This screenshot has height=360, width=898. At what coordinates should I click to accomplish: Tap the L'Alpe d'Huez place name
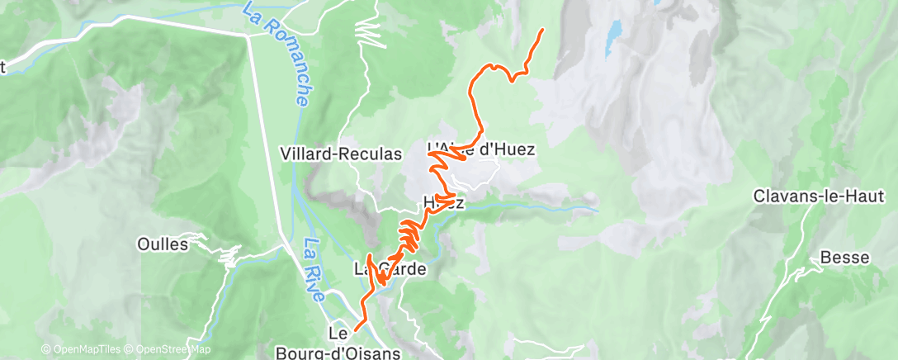481,149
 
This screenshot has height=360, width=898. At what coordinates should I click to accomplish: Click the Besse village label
844,258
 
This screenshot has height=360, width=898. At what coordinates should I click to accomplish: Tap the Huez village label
438,202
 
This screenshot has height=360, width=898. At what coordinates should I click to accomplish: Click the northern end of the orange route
542,30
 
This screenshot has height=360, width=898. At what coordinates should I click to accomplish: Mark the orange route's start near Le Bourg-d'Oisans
354,329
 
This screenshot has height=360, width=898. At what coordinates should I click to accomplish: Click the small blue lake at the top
613,38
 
